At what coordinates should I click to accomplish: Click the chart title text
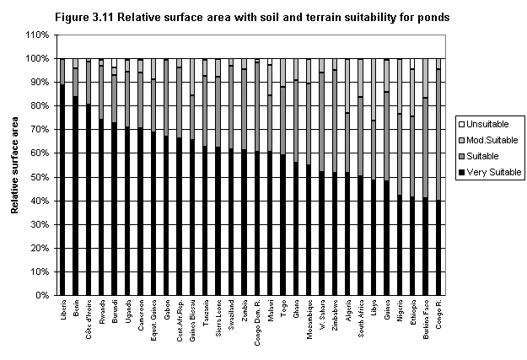pyautogui.click(x=264, y=16)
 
